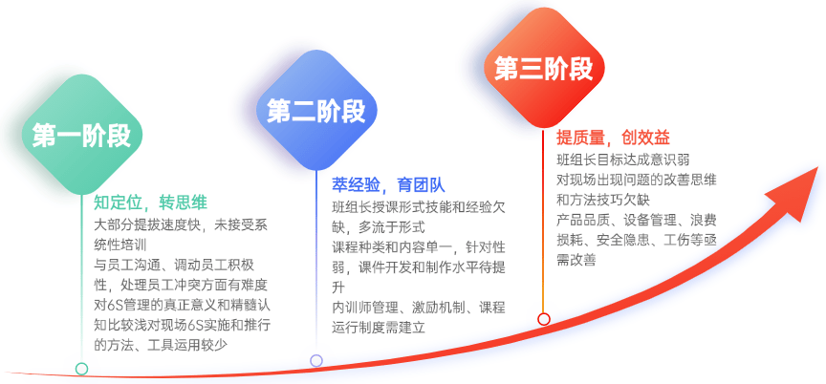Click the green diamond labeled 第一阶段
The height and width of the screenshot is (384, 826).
point(81,136)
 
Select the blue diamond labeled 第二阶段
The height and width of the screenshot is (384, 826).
point(316,111)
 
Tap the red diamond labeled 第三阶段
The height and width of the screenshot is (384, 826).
point(544,69)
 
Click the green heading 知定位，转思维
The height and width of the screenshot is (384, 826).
point(151,203)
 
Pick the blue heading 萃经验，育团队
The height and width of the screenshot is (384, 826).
point(389,185)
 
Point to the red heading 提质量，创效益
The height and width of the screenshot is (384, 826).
point(613,138)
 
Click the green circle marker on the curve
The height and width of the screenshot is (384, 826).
point(81,368)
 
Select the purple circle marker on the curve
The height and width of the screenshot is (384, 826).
point(316,360)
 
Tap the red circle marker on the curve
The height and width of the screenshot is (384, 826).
point(544,319)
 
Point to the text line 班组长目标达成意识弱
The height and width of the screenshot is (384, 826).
point(623,160)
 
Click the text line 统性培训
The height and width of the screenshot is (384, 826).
point(120,245)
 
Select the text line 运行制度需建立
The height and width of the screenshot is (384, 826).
point(379,328)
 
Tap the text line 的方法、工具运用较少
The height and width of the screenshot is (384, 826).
point(163,345)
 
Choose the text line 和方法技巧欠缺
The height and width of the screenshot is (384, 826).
point(603,200)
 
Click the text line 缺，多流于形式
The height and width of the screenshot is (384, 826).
point(379,227)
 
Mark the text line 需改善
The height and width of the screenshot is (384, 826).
point(576,260)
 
